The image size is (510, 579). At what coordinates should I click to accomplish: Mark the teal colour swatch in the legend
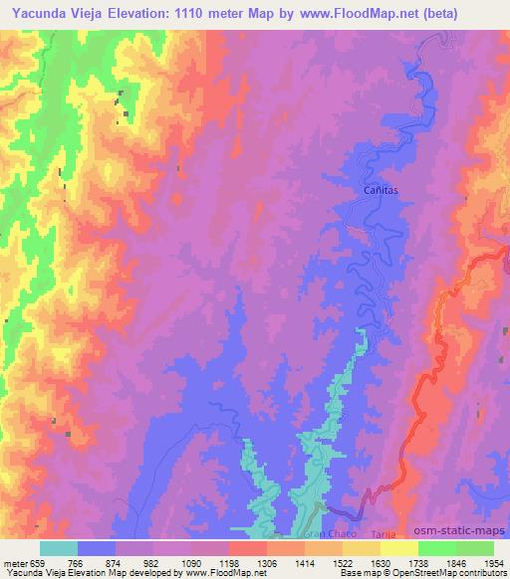pyautogui.click(x=59, y=548)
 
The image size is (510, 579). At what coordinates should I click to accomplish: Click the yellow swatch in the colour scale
pyautogui.click(x=399, y=548)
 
